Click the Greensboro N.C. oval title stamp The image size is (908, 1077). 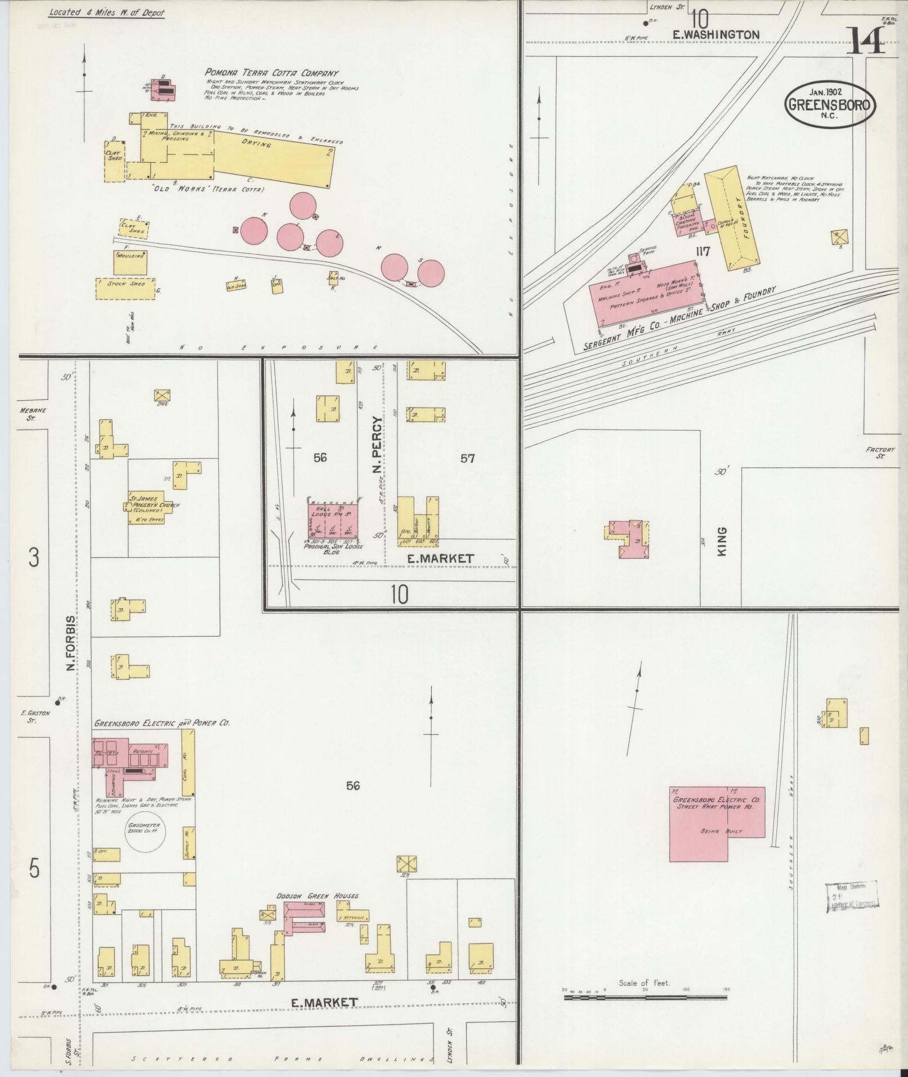click(830, 104)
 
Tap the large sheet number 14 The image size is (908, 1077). click(865, 40)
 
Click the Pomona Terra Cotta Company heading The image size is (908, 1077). click(272, 73)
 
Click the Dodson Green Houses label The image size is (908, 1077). click(317, 895)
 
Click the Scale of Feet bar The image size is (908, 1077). click(645, 998)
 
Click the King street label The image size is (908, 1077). click(722, 542)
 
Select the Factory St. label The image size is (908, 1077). click(880, 453)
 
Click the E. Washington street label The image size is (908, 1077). click(716, 34)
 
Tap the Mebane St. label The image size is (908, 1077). click(33, 414)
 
